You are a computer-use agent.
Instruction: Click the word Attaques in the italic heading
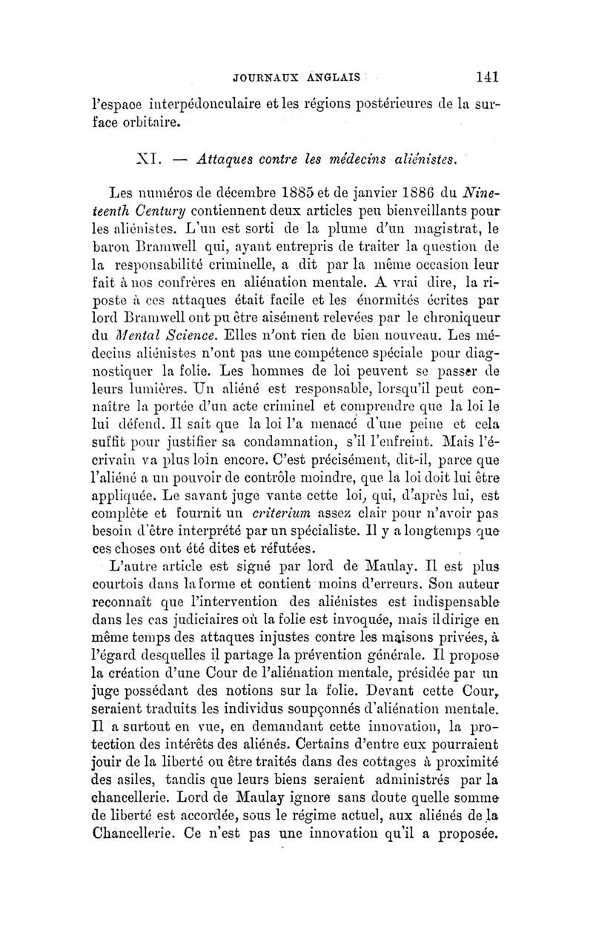pos(222,159)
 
